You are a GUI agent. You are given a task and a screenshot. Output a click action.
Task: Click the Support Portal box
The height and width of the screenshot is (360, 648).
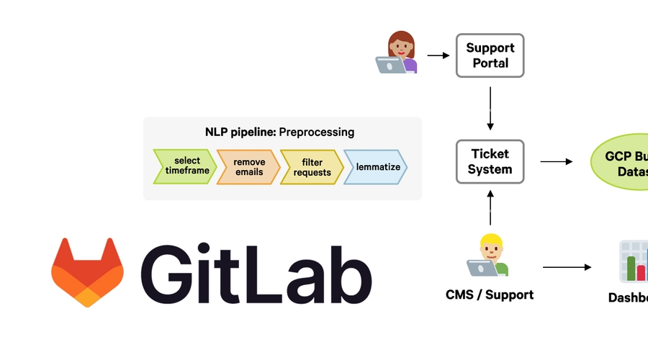tap(490, 55)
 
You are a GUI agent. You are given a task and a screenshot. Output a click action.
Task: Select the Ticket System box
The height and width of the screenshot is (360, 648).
tap(490, 161)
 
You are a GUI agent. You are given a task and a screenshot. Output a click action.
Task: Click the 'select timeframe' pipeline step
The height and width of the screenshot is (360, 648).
tap(184, 167)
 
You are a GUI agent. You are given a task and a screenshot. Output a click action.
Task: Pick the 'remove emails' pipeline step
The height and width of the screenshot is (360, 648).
tap(248, 167)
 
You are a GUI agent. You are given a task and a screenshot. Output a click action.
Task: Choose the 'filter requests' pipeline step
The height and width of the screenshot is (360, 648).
tap(312, 167)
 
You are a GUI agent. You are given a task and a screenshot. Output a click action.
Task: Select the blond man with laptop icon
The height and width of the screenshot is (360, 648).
tap(489, 256)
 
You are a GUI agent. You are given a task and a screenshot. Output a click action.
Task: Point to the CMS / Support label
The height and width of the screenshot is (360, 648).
tap(490, 294)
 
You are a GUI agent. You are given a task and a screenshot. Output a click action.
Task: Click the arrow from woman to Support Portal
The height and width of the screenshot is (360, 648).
tap(438, 55)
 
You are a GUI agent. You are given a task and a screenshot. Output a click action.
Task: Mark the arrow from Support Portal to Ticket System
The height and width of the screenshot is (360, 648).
tap(490, 108)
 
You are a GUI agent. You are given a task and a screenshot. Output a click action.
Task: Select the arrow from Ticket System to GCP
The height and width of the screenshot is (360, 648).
tap(556, 162)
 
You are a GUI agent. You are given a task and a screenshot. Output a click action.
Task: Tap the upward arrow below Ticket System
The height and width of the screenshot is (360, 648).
tap(490, 209)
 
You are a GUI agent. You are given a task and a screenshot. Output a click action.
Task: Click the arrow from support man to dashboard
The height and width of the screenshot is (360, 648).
tap(567, 267)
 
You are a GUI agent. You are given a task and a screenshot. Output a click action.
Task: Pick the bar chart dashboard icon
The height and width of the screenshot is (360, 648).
tap(634, 261)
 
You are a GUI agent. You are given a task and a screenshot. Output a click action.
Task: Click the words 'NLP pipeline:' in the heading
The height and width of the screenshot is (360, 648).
tap(240, 132)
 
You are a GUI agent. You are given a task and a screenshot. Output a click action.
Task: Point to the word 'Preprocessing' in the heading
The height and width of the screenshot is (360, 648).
tap(316, 132)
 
